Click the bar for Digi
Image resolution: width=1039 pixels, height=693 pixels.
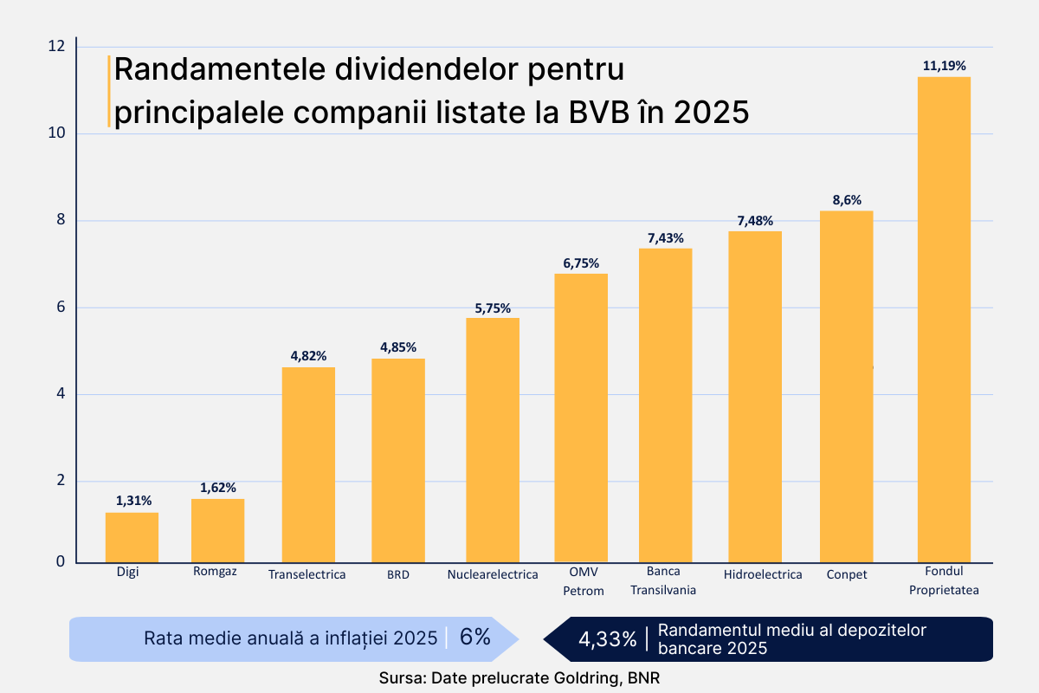point(132,537)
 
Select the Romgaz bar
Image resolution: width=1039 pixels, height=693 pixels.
point(217,530)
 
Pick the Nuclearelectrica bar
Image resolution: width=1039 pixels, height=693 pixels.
point(493,440)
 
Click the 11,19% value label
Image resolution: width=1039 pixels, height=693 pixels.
point(944,65)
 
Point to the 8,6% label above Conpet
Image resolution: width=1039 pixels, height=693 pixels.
point(847,199)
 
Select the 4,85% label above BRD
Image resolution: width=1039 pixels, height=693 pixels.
point(398,347)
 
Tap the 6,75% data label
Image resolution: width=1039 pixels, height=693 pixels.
point(581,262)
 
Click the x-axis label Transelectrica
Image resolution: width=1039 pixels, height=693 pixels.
point(307,574)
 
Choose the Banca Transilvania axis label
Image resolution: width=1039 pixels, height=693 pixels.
point(663,580)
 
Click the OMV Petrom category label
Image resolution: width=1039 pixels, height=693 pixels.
point(583,580)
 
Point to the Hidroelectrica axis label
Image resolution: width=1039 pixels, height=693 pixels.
point(762,574)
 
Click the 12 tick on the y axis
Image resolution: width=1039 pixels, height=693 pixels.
point(57,46)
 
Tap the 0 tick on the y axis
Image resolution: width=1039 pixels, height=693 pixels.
point(61,561)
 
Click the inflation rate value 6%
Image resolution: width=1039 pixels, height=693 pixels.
point(474,638)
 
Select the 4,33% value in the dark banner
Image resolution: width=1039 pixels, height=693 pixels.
point(607,639)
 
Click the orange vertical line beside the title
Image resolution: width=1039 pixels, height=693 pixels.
point(109,91)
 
